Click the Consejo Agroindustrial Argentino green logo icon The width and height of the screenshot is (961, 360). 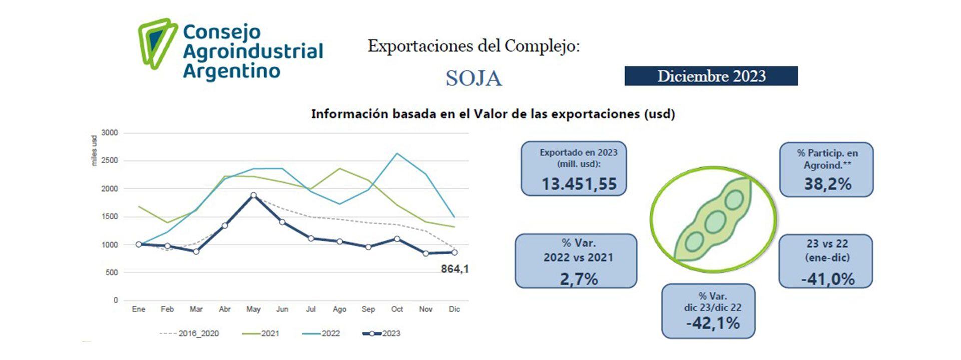(157, 44)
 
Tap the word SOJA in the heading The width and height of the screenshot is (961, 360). (473, 78)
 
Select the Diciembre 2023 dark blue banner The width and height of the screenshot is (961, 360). (711, 76)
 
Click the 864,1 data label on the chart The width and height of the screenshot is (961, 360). (454, 269)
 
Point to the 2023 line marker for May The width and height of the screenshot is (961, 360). (253, 196)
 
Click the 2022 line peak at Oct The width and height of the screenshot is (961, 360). (397, 153)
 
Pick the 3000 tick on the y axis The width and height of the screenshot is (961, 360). (109, 133)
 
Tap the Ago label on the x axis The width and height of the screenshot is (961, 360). (339, 309)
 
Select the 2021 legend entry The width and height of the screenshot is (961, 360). (261, 333)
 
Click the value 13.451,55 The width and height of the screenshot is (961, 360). (579, 184)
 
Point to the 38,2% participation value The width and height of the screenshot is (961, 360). (827, 184)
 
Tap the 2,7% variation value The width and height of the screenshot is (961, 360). (578, 279)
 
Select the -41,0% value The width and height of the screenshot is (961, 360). (827, 279)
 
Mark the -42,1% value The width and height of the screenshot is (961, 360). (712, 323)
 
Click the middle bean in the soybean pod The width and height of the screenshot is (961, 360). (715, 222)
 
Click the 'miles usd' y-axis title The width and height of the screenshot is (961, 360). (94, 150)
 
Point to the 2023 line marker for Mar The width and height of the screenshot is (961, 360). (196, 252)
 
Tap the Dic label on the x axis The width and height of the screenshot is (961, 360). (454, 309)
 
